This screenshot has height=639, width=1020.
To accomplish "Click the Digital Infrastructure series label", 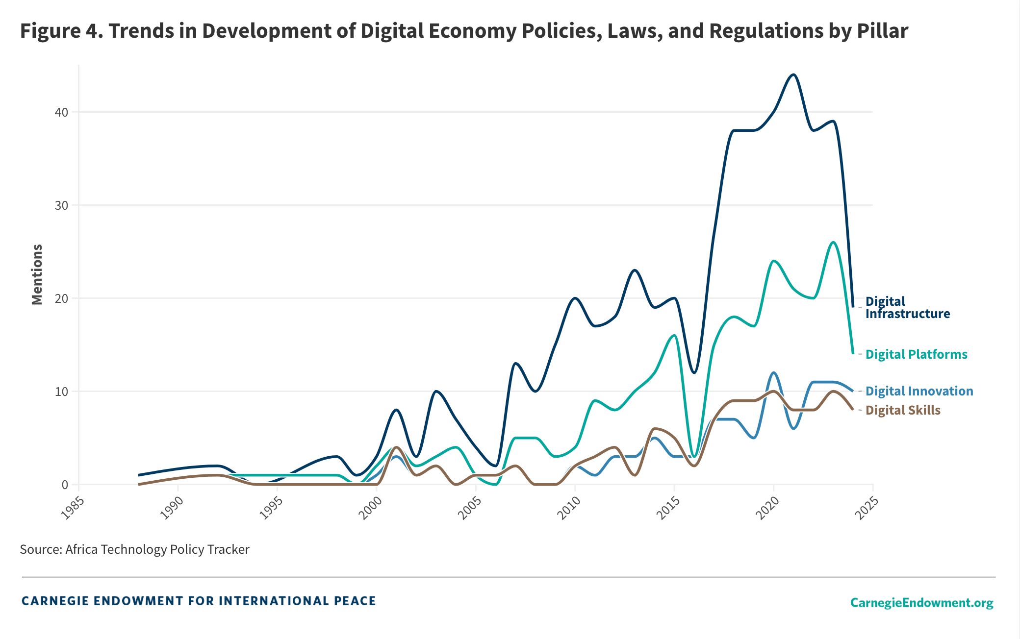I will [x=907, y=308].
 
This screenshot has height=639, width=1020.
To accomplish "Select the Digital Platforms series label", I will [x=916, y=354].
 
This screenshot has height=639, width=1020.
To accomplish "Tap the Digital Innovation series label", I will [x=919, y=391].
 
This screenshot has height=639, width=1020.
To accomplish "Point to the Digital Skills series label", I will [x=903, y=410].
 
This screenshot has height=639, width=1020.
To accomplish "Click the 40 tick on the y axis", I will [x=61, y=112].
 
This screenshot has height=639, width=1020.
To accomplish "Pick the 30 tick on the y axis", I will [x=61, y=205].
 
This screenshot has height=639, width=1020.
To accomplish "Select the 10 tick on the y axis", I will [x=61, y=392].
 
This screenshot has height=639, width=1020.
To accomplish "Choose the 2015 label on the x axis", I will [x=668, y=508].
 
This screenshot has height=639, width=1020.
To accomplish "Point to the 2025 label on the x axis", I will [x=867, y=508].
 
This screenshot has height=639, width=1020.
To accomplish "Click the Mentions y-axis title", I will [x=37, y=274].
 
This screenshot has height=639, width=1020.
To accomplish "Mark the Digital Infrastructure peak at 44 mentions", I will [x=793, y=74].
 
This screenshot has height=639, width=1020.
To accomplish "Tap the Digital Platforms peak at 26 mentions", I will [x=833, y=242].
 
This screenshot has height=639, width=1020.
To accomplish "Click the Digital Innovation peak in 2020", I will [x=774, y=373].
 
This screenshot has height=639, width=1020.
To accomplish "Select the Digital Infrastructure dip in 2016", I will [x=694, y=373].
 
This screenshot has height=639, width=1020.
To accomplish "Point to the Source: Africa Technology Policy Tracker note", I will [x=134, y=549].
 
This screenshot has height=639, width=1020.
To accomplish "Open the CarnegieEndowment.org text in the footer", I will [x=921, y=602].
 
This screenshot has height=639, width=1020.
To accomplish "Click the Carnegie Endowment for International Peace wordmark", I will [x=199, y=601].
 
